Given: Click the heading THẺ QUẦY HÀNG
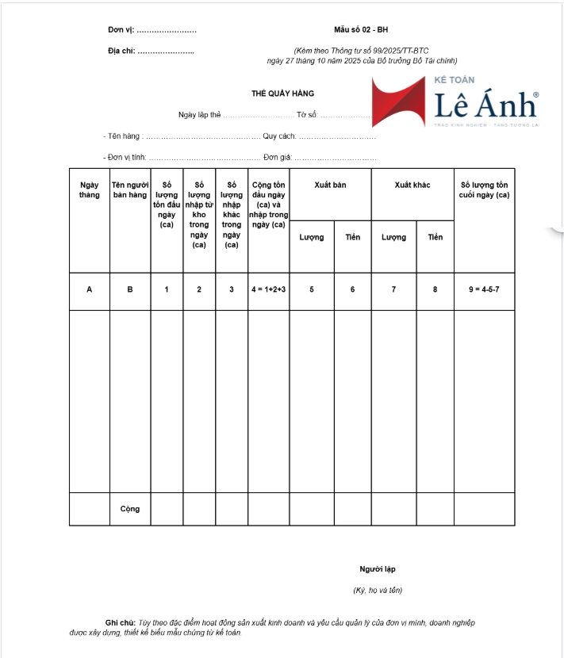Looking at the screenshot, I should click(x=282, y=94).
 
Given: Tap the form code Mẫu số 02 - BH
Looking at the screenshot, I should click(x=361, y=29).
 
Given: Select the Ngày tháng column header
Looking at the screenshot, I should click(x=90, y=189).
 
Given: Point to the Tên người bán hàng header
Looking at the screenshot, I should click(x=130, y=189).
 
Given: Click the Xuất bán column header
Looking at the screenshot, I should click(x=330, y=185).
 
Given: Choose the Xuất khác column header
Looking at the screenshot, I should click(x=412, y=185).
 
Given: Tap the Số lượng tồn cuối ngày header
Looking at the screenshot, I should click(x=484, y=189).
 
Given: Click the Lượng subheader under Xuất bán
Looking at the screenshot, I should click(x=312, y=237).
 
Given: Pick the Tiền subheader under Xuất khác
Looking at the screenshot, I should click(x=435, y=237).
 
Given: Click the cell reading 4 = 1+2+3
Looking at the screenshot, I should click(x=268, y=289).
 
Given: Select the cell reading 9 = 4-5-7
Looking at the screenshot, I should click(x=484, y=289).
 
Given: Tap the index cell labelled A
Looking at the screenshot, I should click(x=90, y=289).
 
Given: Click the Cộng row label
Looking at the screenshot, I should click(x=130, y=509).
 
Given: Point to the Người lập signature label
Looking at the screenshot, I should click(x=377, y=569).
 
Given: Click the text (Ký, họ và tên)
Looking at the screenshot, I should click(x=378, y=590).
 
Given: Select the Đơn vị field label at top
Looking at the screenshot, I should click(x=121, y=30).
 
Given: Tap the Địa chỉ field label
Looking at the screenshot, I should click(x=121, y=52).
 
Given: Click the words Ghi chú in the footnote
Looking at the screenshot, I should click(x=121, y=622).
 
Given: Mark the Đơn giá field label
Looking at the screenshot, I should click(x=278, y=157).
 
